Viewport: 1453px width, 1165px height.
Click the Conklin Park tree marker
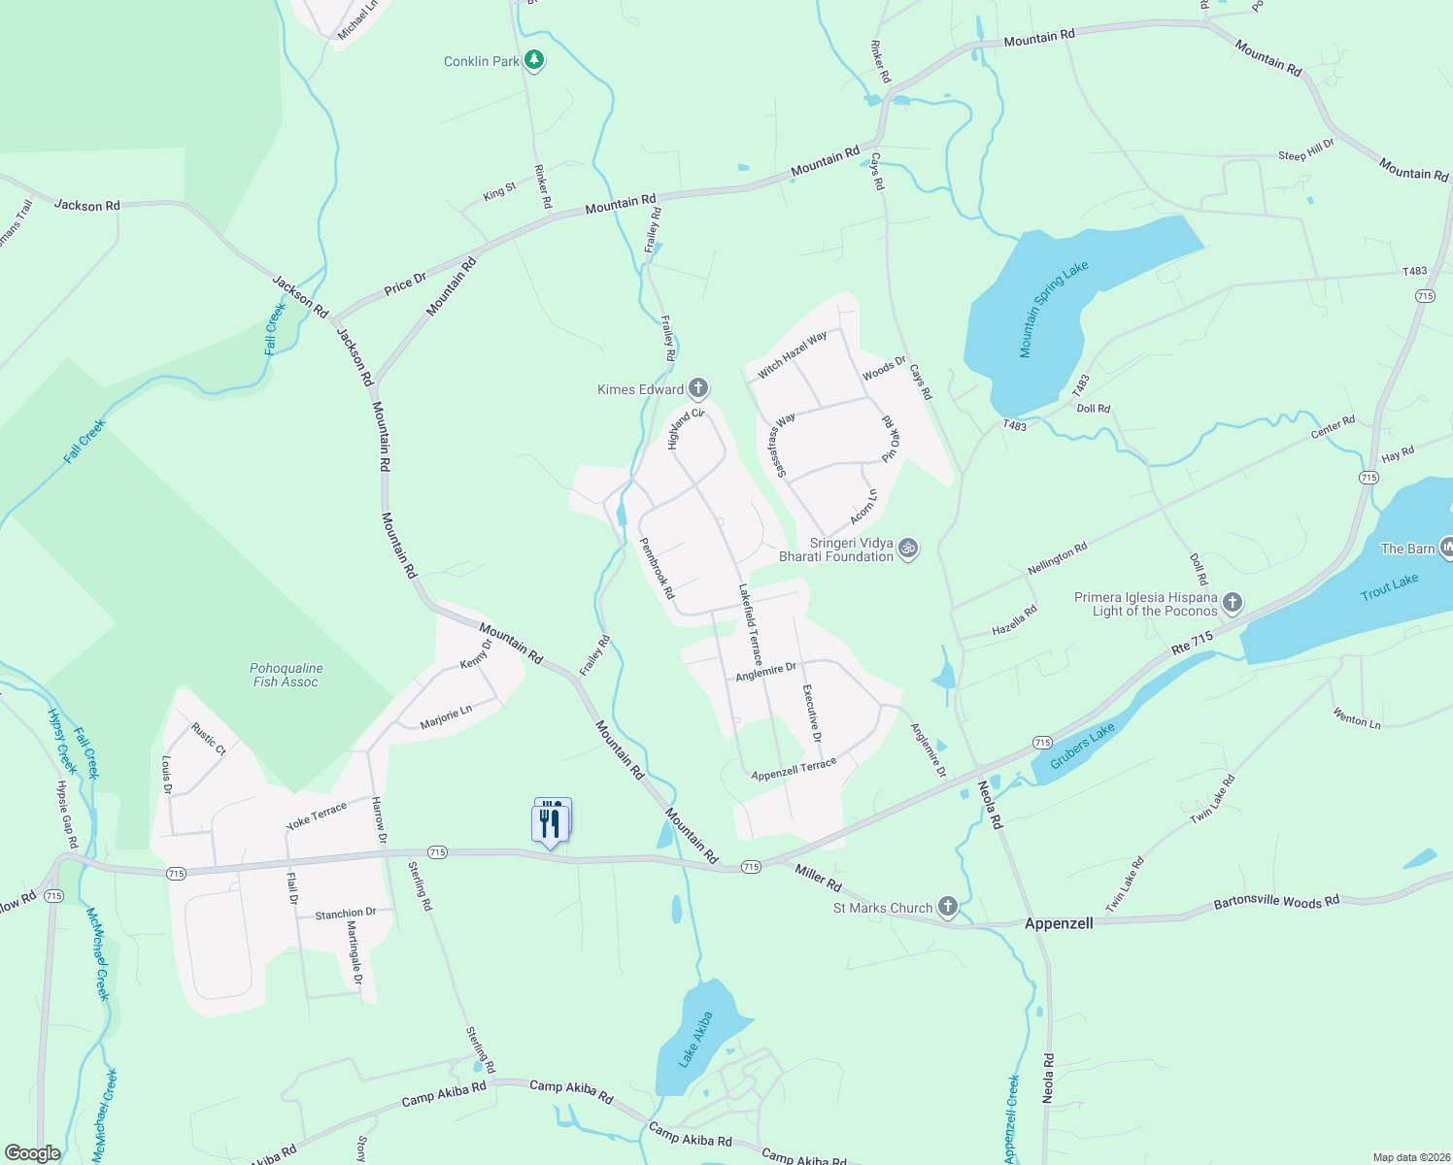pyautogui.click(x=533, y=60)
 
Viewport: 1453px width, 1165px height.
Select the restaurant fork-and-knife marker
pyautogui.click(x=551, y=822)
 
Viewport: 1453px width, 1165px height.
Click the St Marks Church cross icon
pyautogui.click(x=948, y=907)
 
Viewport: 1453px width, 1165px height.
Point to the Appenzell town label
pyautogui.click(x=1059, y=923)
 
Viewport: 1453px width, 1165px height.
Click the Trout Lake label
pyautogui.click(x=1389, y=586)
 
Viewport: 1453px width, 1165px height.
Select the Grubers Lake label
pyautogui.click(x=1082, y=747)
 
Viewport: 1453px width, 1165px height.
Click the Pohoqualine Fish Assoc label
pyautogui.click(x=286, y=675)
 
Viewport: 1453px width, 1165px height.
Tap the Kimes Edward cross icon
pyautogui.click(x=697, y=389)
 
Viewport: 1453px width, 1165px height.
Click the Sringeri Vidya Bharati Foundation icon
pyautogui.click(x=908, y=549)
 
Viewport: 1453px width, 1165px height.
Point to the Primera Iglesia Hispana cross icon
pyautogui.click(x=1232, y=603)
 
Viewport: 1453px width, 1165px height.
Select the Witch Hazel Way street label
pyautogui.click(x=793, y=354)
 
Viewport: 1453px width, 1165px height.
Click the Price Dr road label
pyautogui.click(x=405, y=283)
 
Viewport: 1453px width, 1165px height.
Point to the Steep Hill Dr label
pyautogui.click(x=1305, y=150)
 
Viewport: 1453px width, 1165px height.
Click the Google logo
pyautogui.click(x=32, y=1153)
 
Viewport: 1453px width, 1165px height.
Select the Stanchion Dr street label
pyautogui.click(x=345, y=914)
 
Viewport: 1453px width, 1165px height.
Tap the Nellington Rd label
pyautogui.click(x=1057, y=558)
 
